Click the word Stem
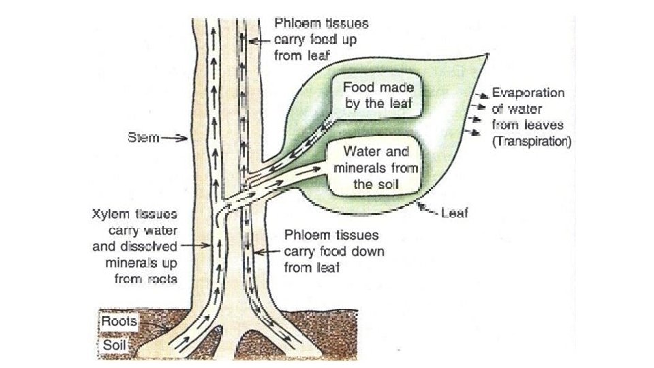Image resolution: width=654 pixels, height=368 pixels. (144, 138)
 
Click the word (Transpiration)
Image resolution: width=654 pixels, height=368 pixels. (531, 142)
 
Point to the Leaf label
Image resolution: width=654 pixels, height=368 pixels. (454, 213)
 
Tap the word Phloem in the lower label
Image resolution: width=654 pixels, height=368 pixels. (303, 236)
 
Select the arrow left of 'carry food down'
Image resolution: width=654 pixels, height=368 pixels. (267, 252)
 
